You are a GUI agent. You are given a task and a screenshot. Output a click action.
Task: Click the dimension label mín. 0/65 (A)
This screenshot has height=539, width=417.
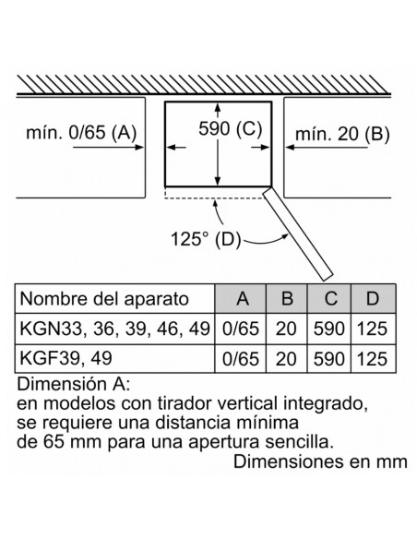81,132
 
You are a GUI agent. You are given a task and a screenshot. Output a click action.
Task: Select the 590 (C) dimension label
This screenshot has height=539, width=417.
230,128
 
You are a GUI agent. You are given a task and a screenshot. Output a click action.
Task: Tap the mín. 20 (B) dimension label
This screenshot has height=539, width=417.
342,134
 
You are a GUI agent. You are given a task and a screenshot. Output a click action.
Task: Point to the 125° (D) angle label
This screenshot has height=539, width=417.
206,238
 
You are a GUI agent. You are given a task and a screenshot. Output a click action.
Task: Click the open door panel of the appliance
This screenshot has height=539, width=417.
298,234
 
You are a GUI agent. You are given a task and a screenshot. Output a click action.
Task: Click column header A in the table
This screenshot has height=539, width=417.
241,298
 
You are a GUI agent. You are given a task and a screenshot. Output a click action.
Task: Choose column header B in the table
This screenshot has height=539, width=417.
287,298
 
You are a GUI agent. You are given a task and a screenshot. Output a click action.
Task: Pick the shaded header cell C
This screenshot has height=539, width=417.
329,298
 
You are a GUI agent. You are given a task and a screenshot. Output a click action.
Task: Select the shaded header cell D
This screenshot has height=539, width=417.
373,298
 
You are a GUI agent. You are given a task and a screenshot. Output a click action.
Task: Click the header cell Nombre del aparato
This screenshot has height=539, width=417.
104,299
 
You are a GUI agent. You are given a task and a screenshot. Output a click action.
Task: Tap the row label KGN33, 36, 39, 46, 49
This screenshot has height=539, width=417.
114,329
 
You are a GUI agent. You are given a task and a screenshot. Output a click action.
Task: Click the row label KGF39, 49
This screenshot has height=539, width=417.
66,358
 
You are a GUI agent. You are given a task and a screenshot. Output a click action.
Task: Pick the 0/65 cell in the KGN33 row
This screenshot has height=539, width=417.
241,329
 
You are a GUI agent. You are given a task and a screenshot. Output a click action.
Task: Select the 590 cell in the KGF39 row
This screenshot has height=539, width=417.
329,359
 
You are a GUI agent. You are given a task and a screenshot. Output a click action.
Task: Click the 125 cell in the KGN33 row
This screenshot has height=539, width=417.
373,329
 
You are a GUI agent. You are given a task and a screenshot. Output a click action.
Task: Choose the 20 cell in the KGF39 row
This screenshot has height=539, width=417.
286,359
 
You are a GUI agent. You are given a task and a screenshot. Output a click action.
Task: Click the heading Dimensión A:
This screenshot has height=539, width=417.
74,384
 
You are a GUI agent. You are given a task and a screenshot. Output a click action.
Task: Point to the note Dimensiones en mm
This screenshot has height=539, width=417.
320,461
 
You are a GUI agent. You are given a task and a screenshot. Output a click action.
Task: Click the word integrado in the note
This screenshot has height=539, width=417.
325,404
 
